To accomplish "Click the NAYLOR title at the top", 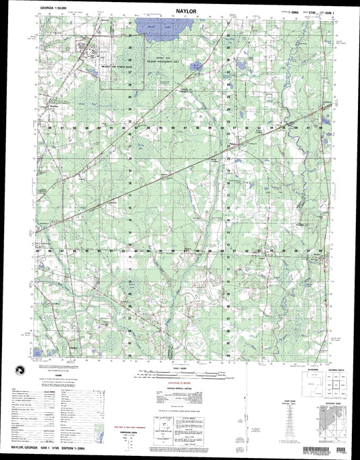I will pos(179,12).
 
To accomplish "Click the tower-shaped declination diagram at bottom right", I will pos(307,422).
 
